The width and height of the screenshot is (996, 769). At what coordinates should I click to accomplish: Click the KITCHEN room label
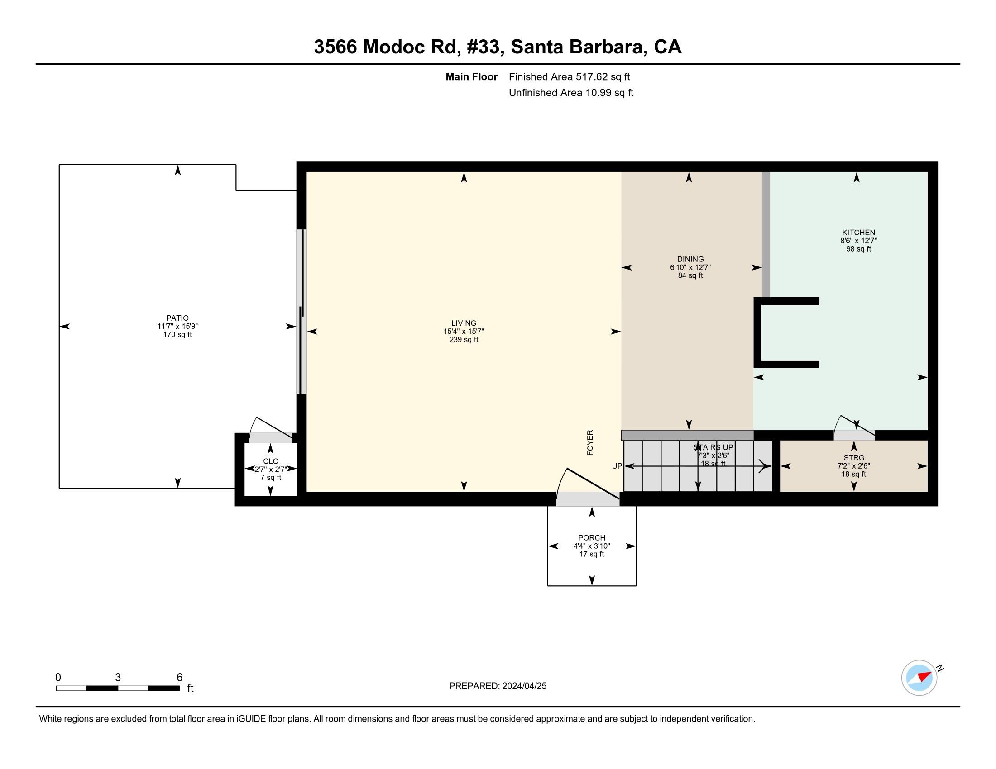pyautogui.click(x=858, y=233)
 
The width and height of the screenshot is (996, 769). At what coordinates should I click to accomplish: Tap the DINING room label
pyautogui.click(x=690, y=259)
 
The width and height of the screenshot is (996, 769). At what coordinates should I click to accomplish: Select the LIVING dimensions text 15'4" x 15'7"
pyautogui.click(x=463, y=331)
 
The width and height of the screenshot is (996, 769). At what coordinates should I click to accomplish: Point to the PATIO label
pyautogui.click(x=177, y=318)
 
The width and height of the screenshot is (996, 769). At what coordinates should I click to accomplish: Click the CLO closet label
pyautogui.click(x=270, y=461)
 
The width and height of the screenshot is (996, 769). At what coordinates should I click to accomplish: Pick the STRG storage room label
pyautogui.click(x=853, y=457)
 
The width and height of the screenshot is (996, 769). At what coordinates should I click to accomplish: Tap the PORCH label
pyautogui.click(x=592, y=537)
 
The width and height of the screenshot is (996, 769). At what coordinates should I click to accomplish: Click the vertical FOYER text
pyautogui.click(x=590, y=442)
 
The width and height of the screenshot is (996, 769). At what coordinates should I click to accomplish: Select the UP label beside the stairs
pyautogui.click(x=617, y=466)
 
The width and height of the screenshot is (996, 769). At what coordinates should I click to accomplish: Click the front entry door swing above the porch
pyautogui.click(x=588, y=488)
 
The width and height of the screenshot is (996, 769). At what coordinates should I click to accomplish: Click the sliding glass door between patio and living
pyautogui.click(x=301, y=311)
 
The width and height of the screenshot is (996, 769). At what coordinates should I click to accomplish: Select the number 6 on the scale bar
pyautogui.click(x=180, y=677)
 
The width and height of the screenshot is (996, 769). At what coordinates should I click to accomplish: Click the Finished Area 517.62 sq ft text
pyautogui.click(x=569, y=76)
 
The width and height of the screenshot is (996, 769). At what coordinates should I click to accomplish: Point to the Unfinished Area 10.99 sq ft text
pyautogui.click(x=570, y=92)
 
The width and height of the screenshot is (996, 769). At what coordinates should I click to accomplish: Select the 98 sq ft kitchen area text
pyautogui.click(x=858, y=249)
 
